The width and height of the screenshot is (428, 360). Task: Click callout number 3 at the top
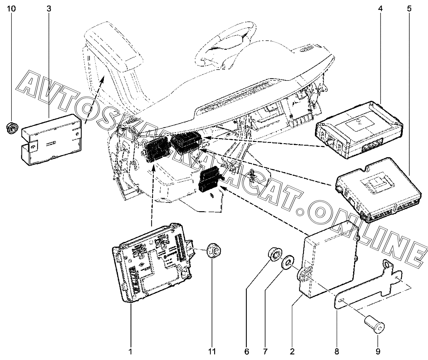[49, 8]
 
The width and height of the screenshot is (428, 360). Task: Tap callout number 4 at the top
[380, 8]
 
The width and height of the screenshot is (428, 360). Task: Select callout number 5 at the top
[409, 8]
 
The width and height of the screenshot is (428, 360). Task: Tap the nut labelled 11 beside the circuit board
[214, 248]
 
